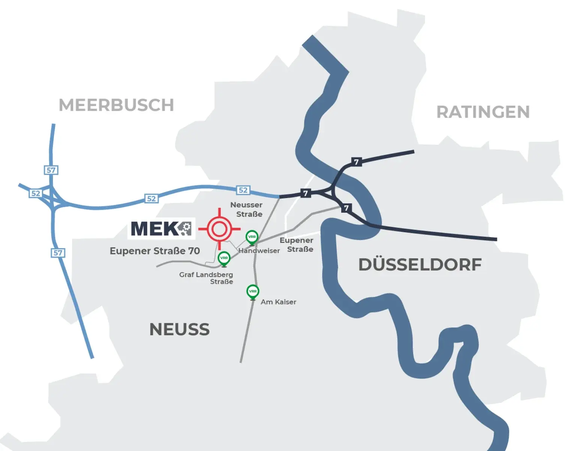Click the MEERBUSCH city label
point(116,105)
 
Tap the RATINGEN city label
point(483,112)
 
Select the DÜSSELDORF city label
point(420,265)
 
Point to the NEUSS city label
point(179,330)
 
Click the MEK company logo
point(161,229)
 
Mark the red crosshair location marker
point(219,229)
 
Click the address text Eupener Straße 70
point(155,251)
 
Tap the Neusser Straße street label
point(247,209)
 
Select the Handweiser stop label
point(259,251)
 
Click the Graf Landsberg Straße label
point(206,278)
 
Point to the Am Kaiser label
point(278,302)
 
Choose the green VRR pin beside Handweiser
point(252,237)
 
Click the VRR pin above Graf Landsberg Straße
point(224,258)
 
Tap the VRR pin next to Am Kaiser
point(253,292)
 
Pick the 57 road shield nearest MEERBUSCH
point(51,170)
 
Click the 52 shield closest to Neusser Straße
point(243,190)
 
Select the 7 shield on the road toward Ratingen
point(356,162)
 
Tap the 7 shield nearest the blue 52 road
point(306,193)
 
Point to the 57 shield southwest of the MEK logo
point(58,253)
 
